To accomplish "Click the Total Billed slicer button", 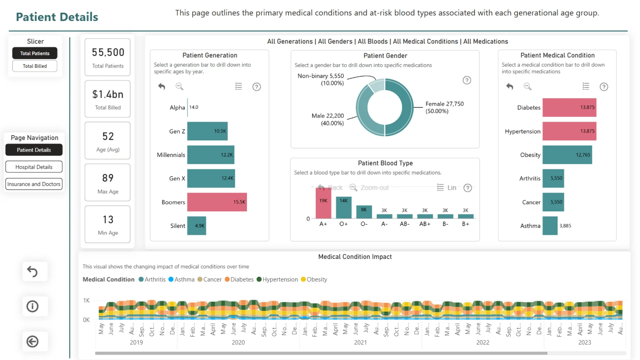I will point(35,66).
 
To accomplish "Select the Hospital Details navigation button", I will point(34,167).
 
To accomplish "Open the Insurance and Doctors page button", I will point(34,184).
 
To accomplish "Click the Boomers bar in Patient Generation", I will point(217,202).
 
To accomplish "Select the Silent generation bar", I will point(196,226).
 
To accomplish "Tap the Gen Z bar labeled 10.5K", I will point(207,131).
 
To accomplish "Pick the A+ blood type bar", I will point(323,203).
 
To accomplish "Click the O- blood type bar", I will point(364,212).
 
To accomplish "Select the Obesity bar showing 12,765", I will point(567,155).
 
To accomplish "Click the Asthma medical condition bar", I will point(550,226).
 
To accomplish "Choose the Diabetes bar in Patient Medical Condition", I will point(569,107).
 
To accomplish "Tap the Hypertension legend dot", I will point(259,279).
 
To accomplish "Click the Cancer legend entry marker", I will point(200,279).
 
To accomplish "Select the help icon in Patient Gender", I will point(467,80).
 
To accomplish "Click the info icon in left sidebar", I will point(32,306).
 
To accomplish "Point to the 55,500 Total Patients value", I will point(108,52).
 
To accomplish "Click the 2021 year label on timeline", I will point(360,342).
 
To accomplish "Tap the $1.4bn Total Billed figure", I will point(108,94).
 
